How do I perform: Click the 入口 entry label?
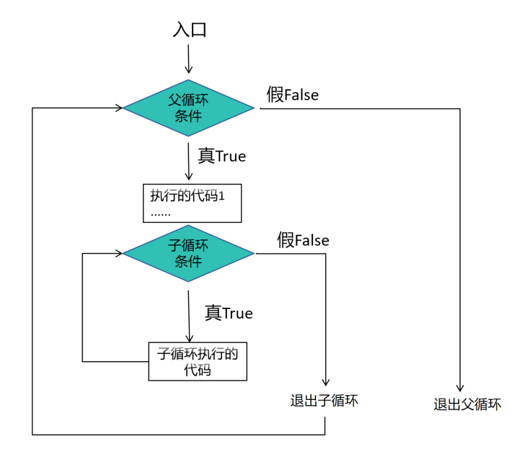[190, 30]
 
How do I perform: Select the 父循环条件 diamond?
[189, 108]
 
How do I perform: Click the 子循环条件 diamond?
[189, 253]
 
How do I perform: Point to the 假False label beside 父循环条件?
[292, 94]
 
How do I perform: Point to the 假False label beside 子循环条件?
[303, 240]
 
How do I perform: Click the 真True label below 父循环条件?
[221, 156]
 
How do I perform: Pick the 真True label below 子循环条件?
[229, 313]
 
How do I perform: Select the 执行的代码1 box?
[192, 203]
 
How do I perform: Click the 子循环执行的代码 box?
[198, 361]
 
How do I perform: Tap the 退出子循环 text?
[324, 401]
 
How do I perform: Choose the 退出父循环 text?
[467, 404]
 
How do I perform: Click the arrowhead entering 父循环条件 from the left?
[118, 108]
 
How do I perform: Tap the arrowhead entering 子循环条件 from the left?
[118, 253]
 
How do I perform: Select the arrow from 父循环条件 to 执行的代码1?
[189, 162]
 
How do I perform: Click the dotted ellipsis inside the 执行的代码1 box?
[161, 214]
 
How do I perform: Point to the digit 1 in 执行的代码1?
[232, 195]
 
